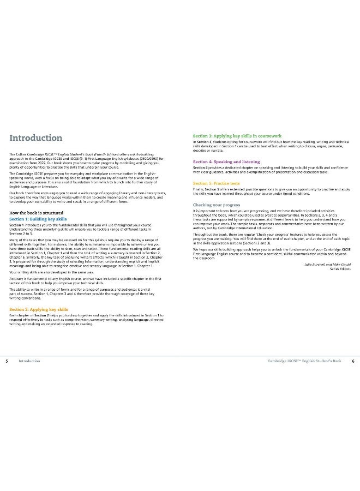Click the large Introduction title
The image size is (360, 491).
(x=36, y=138)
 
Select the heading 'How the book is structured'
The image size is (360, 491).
(x=37, y=213)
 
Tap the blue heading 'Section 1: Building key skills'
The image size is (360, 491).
(x=38, y=219)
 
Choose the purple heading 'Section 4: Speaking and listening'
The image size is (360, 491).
(x=228, y=162)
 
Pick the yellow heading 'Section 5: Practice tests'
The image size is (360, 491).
(x=217, y=183)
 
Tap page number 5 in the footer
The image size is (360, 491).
(x=6, y=361)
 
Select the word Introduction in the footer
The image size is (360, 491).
(x=29, y=361)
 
